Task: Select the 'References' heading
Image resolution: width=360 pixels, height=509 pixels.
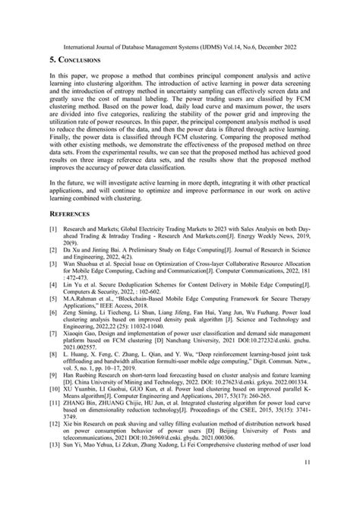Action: tap(71, 235)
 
